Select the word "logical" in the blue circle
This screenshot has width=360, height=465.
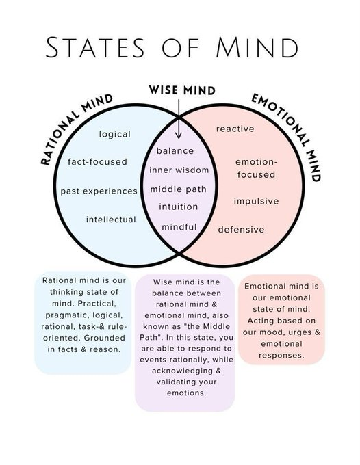pos(114,134)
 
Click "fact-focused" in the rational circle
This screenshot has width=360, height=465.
pos(97,162)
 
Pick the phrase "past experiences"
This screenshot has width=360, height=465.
pos(99,191)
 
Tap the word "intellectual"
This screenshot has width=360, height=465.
pos(110,220)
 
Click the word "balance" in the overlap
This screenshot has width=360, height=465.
pos(175,150)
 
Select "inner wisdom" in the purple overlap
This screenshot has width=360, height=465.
pos(179,170)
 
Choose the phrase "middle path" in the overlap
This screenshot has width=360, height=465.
pos(179,189)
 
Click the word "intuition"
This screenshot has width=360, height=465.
pos(179,207)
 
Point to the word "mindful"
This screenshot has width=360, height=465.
pos(179,226)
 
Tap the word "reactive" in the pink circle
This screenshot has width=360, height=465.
pos(235,129)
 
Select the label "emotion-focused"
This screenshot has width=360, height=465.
pos(256,168)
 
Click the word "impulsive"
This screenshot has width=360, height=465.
pos(256,201)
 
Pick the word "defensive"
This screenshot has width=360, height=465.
pos(241,229)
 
